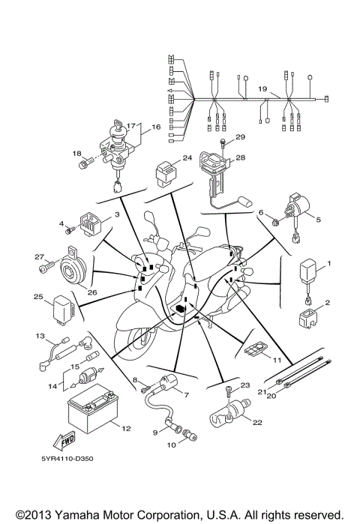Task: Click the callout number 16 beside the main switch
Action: (156, 127)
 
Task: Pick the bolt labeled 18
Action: (87, 159)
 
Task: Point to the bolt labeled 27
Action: (49, 262)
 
